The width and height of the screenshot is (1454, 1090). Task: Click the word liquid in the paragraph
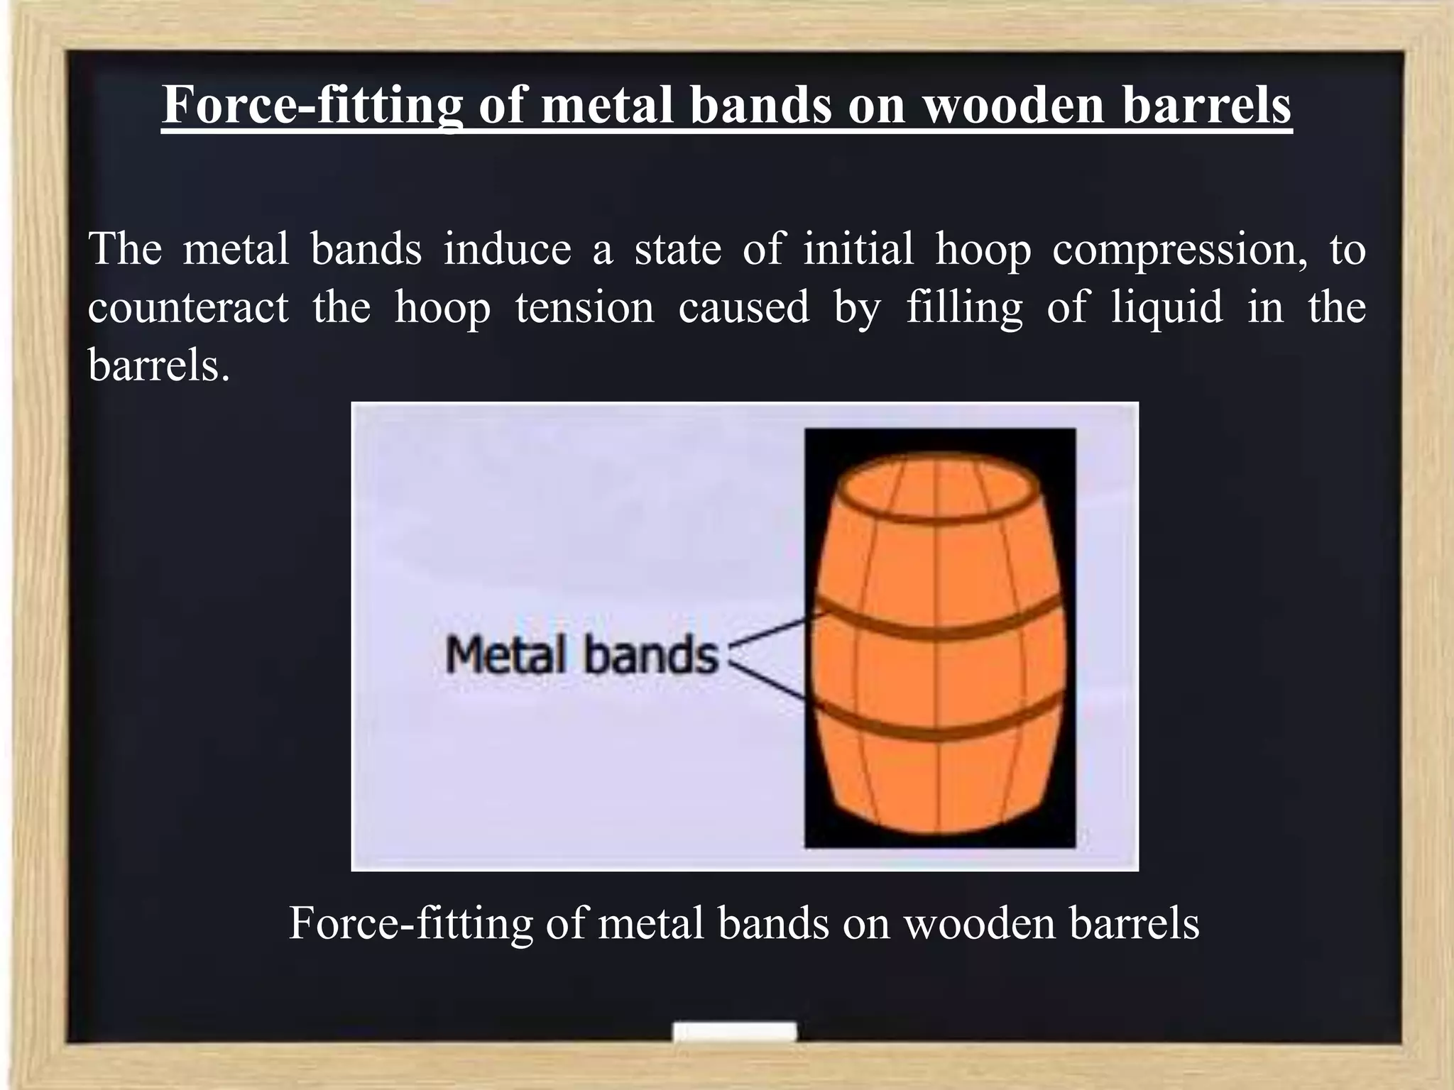point(1167,308)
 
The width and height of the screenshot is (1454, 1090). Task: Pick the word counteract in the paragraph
point(188,308)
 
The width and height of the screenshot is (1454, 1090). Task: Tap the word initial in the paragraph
point(858,250)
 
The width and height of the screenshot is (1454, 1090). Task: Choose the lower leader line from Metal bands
point(770,681)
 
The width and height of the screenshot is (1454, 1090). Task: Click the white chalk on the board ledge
point(734,1031)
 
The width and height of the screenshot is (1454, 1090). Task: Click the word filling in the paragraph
point(964,308)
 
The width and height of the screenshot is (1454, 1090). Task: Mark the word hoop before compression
point(983,250)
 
